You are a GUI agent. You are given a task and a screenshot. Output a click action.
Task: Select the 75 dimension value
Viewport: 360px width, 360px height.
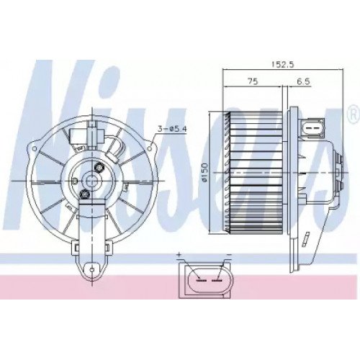[251, 81]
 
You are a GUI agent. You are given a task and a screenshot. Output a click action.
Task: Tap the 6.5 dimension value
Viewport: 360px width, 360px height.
[303, 81]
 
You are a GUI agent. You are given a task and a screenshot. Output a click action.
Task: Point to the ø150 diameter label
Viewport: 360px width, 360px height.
[204, 176]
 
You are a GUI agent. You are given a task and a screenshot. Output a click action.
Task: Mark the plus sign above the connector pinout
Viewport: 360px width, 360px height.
[179, 255]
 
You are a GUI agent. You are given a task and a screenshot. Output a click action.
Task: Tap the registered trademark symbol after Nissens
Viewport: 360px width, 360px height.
[352, 114]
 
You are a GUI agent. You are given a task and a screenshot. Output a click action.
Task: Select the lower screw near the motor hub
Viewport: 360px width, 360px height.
[86, 194]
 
